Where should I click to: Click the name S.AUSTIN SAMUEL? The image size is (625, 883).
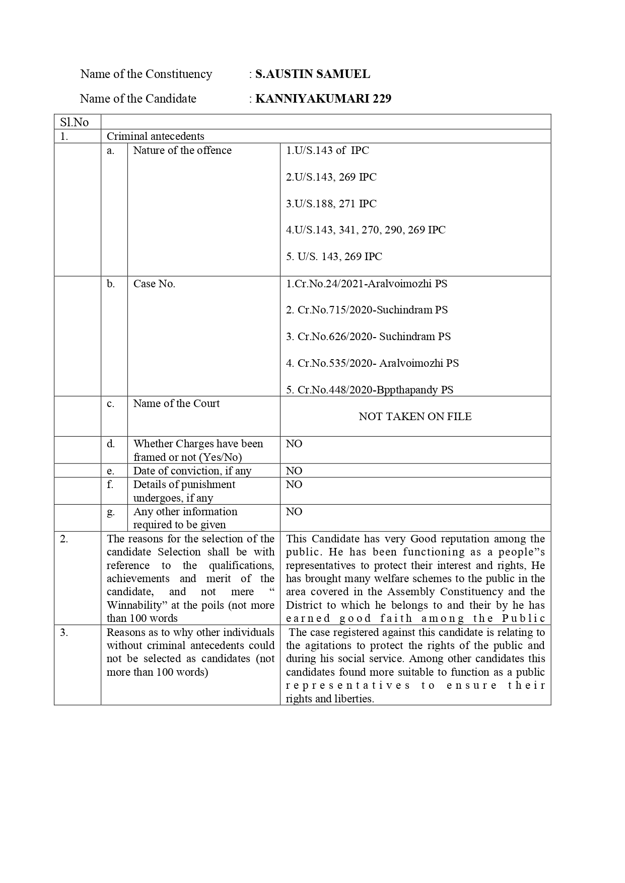(x=312, y=74)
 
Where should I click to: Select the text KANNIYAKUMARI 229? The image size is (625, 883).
(x=323, y=99)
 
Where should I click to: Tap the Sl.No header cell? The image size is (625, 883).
(x=75, y=122)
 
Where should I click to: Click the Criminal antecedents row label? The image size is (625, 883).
(x=155, y=136)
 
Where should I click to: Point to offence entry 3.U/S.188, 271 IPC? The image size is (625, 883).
(x=331, y=204)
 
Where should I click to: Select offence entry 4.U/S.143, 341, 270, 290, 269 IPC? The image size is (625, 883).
(x=366, y=230)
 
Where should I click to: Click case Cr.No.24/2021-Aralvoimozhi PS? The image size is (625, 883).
(x=366, y=284)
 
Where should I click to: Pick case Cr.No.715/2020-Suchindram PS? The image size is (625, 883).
(x=367, y=310)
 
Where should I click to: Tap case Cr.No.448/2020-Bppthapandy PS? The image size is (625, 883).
(x=370, y=390)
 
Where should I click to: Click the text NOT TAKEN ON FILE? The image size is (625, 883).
(x=415, y=417)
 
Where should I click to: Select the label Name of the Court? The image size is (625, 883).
(x=176, y=404)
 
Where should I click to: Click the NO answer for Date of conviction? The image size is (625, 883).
(x=294, y=471)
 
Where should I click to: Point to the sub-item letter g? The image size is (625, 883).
(x=111, y=512)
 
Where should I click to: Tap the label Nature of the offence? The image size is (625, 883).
(x=182, y=150)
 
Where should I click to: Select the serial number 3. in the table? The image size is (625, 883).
(x=64, y=632)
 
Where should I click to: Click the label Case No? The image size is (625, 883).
(x=154, y=284)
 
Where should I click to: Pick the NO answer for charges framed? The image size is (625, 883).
(x=294, y=444)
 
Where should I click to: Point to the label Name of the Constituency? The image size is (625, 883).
(x=146, y=74)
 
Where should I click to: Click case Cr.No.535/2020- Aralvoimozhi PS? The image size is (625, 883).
(x=372, y=363)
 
